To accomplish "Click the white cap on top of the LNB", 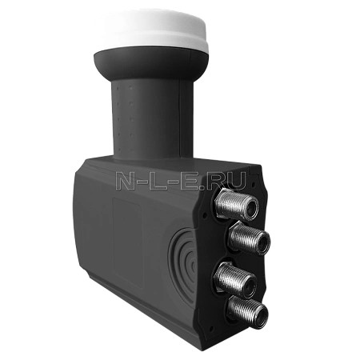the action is tap(152, 30).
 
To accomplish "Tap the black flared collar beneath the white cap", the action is tap(151, 62).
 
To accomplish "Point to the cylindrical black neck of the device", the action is tap(153, 118).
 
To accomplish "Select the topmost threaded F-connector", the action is tap(236, 204).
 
